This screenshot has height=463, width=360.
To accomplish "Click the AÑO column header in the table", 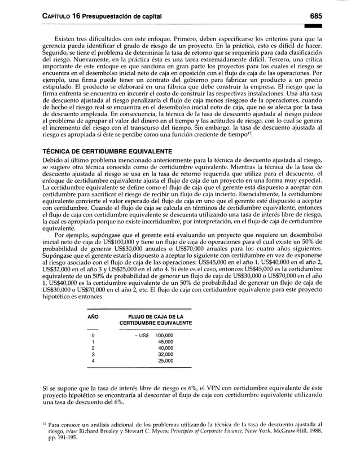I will pyautogui.click(x=93, y=318).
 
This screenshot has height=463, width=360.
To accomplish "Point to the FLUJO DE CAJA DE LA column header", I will pyautogui.click(x=156, y=318).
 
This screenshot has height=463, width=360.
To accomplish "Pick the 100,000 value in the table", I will pyautogui.click(x=164, y=336).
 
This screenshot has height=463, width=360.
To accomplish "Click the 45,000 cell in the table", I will pyautogui.click(x=166, y=342).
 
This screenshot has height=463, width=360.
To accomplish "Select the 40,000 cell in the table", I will pyautogui.click(x=166, y=348).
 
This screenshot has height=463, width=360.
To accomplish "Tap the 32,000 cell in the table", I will pyautogui.click(x=166, y=354).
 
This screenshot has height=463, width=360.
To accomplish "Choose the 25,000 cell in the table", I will pyautogui.click(x=166, y=360).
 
